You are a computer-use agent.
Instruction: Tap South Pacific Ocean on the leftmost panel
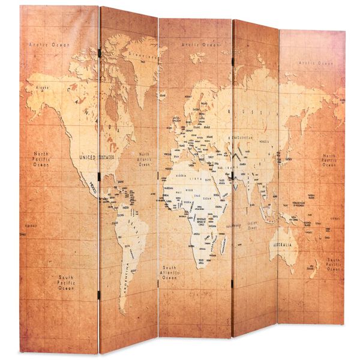pos(67,283)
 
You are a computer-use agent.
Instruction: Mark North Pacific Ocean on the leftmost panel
pos(41,159)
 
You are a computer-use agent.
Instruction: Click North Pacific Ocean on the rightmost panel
pos(329,160)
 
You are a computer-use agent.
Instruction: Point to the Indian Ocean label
pos(253,225)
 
